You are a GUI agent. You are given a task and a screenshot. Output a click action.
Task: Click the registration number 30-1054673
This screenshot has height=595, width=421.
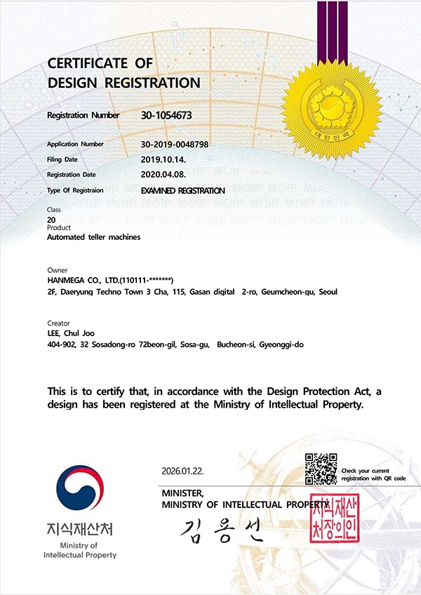click(x=166, y=115)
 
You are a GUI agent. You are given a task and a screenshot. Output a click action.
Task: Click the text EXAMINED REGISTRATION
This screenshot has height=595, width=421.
click(x=183, y=190)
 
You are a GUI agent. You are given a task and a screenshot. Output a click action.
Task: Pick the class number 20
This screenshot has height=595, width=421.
click(x=51, y=220)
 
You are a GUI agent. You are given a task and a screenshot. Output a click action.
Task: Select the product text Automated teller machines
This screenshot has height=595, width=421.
click(x=93, y=237)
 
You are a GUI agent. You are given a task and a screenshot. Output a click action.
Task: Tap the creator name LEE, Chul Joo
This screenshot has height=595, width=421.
click(x=70, y=333)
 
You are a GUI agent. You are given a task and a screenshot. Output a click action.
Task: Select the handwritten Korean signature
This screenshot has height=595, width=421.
click(x=217, y=531)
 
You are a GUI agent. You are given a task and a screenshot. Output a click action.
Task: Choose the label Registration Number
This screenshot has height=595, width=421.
click(x=83, y=115)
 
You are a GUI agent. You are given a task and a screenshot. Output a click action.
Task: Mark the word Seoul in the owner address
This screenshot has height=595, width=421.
click(x=327, y=291)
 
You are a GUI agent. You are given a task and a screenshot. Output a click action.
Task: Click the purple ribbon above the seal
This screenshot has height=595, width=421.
click(x=332, y=28)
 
